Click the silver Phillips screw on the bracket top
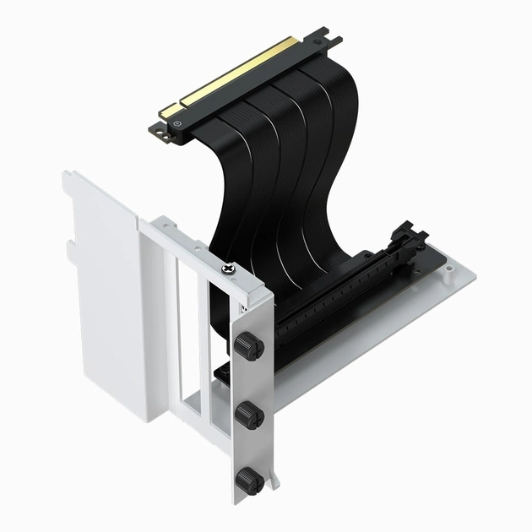pos(228,269)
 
